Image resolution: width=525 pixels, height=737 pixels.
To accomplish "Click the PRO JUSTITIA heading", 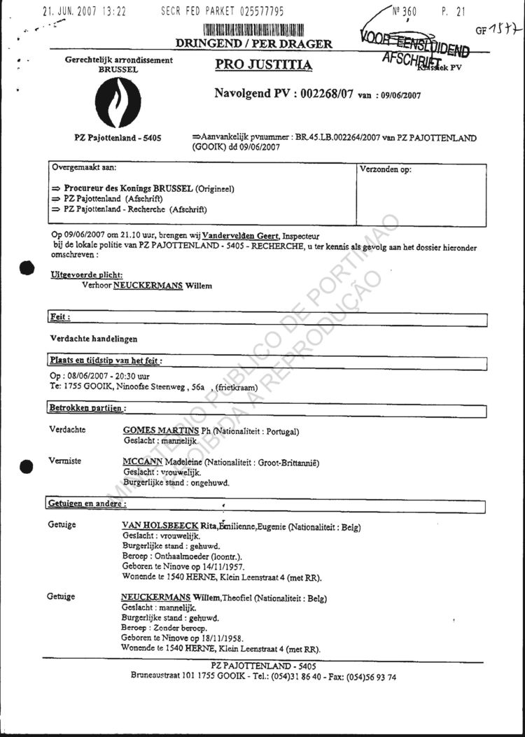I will tap(265, 66).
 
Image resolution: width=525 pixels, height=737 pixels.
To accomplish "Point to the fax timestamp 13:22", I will tap(113, 12).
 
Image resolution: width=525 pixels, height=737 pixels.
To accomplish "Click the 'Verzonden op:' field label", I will tap(386, 169).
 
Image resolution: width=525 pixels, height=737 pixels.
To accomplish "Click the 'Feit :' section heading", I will tap(60, 317).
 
